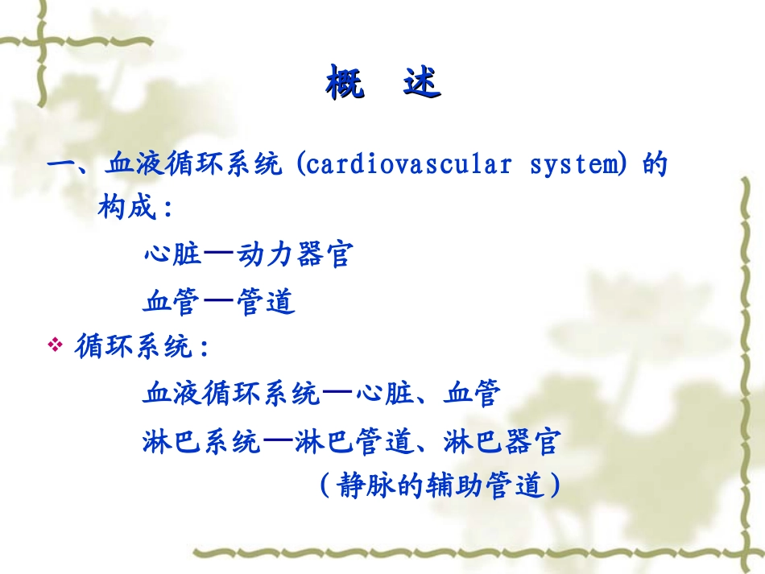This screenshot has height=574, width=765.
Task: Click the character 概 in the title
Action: pos(345,84)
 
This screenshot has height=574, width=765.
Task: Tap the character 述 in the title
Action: pos(422,84)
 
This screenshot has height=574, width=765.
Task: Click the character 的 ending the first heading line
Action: pos(655,165)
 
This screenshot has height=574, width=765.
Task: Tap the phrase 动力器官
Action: pos(294,255)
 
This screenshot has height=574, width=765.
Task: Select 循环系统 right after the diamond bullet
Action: pos(133,348)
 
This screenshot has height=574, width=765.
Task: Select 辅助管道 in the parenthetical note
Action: pos(486,486)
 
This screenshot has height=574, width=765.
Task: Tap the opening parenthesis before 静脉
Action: pos(324,486)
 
